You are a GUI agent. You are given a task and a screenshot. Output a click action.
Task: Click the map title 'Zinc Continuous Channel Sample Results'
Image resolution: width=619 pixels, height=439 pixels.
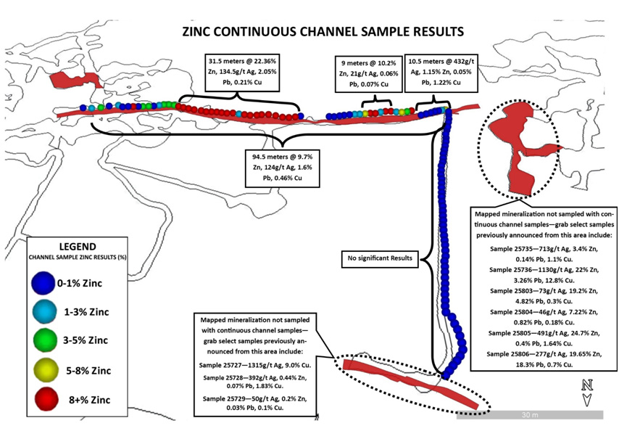click(323, 32)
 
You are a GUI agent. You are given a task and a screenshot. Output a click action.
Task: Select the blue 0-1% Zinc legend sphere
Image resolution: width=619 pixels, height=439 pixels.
click(43, 282)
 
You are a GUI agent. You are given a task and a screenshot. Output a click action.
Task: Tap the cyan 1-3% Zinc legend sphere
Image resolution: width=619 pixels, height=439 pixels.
click(44, 311)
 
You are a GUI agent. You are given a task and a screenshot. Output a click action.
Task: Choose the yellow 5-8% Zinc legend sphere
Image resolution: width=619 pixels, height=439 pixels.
click(46, 370)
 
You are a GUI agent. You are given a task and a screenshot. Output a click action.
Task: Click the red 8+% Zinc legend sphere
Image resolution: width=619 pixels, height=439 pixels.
click(46, 399)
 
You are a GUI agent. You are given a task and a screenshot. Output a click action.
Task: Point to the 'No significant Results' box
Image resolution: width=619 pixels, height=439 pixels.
click(380, 258)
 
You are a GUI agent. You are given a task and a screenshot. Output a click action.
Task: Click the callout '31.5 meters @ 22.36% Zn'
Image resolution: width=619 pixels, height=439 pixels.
click(242, 72)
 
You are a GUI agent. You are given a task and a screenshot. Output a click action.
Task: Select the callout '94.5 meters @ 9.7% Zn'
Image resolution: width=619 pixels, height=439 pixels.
click(282, 168)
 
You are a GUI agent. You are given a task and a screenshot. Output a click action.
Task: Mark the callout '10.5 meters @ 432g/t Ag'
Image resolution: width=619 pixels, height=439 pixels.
click(441, 73)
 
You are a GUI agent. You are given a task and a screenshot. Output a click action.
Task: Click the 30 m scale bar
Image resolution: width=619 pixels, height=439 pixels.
click(530, 415)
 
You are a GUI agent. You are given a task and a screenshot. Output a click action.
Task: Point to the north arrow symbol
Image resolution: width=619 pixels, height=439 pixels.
click(587, 393)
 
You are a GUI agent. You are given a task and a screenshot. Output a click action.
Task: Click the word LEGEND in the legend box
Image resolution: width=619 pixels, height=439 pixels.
click(78, 247)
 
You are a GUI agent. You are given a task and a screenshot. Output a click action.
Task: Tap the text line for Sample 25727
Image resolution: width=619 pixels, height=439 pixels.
click(255, 365)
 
